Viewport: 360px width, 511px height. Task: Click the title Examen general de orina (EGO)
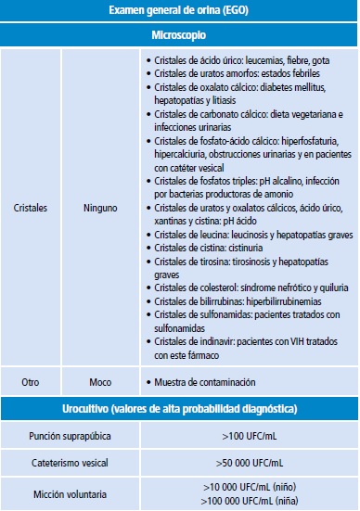[179, 10]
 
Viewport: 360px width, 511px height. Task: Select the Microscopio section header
[179, 33]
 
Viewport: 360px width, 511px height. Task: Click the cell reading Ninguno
[99, 209]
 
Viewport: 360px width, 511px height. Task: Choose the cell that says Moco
[99, 381]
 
